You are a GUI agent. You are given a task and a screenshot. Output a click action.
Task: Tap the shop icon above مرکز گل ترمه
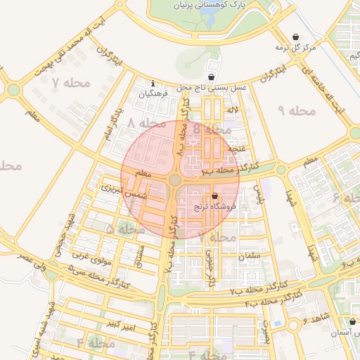pyautogui.click(x=295, y=37)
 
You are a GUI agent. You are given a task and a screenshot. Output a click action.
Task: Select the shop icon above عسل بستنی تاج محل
pyautogui.click(x=211, y=77)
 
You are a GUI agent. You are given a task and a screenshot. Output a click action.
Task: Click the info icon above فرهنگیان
pyautogui.click(x=154, y=83)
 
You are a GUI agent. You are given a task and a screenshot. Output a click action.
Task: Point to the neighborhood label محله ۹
pyautogui.click(x=295, y=110)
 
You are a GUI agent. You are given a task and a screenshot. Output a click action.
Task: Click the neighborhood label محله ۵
pyautogui.click(x=119, y=229)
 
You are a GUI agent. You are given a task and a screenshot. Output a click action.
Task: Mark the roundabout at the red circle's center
pyautogui.click(x=174, y=180)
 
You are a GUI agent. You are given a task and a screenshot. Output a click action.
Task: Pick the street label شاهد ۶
pyautogui.click(x=315, y=321)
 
